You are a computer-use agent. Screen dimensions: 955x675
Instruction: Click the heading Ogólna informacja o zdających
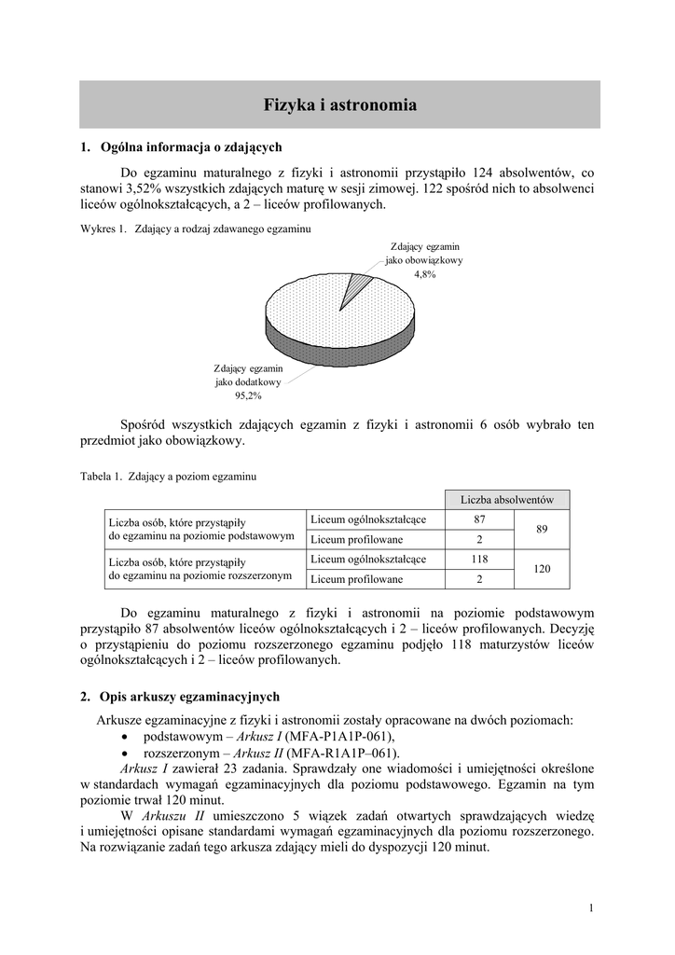click(x=190, y=146)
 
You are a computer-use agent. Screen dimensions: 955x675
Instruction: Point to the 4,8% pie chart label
click(x=424, y=275)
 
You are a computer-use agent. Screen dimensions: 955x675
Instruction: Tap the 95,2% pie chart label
click(x=248, y=395)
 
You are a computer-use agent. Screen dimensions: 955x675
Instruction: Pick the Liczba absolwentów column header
click(x=507, y=500)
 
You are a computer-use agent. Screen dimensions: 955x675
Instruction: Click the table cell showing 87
click(x=479, y=519)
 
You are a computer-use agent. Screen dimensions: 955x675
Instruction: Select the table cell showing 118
click(x=479, y=559)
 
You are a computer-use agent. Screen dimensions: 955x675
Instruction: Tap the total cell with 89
click(x=541, y=529)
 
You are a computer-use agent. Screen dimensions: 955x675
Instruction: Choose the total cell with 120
click(x=541, y=569)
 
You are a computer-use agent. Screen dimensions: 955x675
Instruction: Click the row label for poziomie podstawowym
click(x=201, y=529)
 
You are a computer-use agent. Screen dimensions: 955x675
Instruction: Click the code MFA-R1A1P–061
click(x=342, y=753)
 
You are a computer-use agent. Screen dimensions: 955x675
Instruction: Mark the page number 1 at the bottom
click(x=591, y=908)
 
